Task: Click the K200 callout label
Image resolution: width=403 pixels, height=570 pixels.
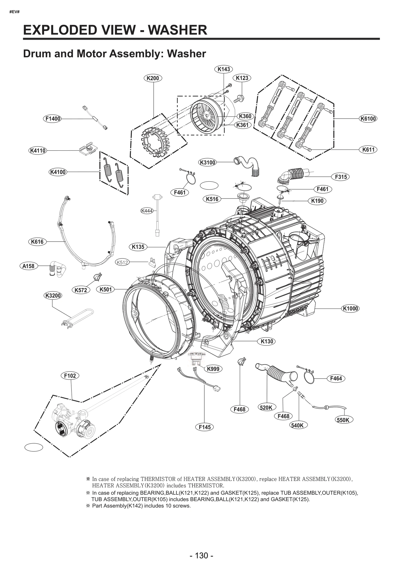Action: [153, 78]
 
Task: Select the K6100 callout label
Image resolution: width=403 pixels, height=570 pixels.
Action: [368, 118]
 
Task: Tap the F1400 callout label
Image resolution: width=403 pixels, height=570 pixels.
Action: [53, 119]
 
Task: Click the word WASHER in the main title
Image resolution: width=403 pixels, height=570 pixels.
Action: [177, 30]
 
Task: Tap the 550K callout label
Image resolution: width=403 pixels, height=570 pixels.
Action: [343, 420]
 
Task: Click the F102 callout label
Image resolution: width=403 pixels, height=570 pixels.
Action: [70, 376]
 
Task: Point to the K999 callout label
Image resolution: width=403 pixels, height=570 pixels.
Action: [213, 369]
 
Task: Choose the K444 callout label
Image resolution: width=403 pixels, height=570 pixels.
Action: [147, 211]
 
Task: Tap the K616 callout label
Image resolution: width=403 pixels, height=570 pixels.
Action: [37, 242]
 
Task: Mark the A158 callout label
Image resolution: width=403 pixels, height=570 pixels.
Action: [28, 266]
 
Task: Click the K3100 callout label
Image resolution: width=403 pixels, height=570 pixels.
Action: [208, 162]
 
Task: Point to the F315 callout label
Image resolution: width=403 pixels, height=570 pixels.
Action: [341, 177]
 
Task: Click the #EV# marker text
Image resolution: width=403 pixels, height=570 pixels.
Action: [14, 12]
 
